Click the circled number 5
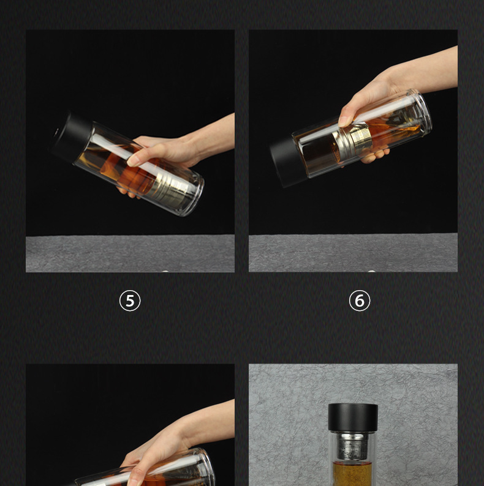(130, 301)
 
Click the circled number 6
(360, 301)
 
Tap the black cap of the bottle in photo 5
(71, 137)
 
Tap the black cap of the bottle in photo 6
(287, 162)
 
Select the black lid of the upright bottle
(353, 417)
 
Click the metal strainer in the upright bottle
(352, 446)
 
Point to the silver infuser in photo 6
(352, 140)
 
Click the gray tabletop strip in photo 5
(130, 253)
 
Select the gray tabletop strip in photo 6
(353, 253)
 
